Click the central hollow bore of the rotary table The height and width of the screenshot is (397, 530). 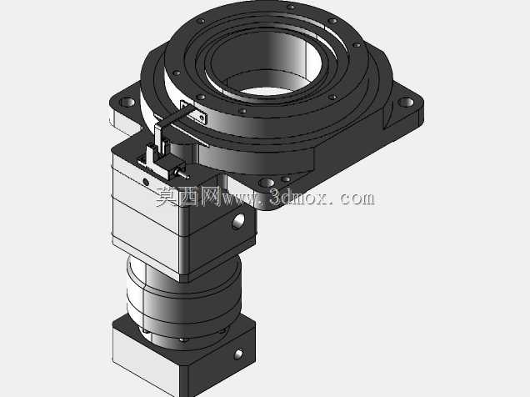266,63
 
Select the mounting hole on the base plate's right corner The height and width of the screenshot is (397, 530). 406,102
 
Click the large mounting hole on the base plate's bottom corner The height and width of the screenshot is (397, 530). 267,183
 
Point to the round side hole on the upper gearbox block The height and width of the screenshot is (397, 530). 238,221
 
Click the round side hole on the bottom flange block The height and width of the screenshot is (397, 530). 238,354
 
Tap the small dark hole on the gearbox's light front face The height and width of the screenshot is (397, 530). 146,182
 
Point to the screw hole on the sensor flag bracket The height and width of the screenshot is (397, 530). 202,118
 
